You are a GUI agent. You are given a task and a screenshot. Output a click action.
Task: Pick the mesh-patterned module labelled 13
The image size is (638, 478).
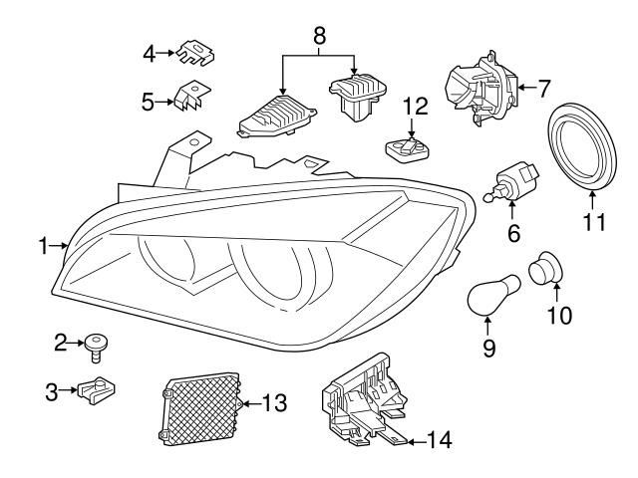[202, 407]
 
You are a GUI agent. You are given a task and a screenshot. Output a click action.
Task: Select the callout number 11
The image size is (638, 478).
[595, 221]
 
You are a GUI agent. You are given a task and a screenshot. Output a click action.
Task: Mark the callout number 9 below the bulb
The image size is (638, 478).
[487, 350]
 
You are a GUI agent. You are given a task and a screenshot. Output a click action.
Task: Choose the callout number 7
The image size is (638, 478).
[544, 87]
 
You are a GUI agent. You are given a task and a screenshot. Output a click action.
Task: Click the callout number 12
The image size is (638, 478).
[414, 105]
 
